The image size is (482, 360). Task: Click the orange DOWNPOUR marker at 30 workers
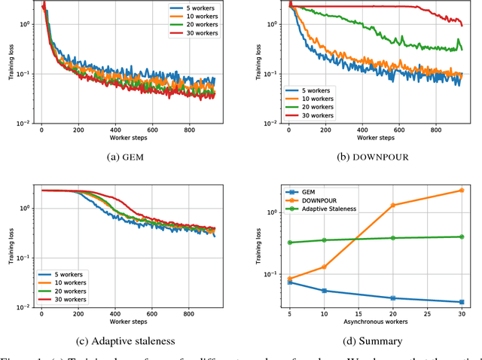pyautogui.click(x=461, y=191)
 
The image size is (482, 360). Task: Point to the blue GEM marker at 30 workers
pyautogui.click(x=461, y=302)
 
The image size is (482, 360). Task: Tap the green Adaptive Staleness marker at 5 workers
pyautogui.click(x=290, y=243)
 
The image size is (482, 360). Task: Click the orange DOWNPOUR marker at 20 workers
pyautogui.click(x=392, y=205)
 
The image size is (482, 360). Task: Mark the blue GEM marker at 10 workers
pyautogui.click(x=324, y=291)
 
